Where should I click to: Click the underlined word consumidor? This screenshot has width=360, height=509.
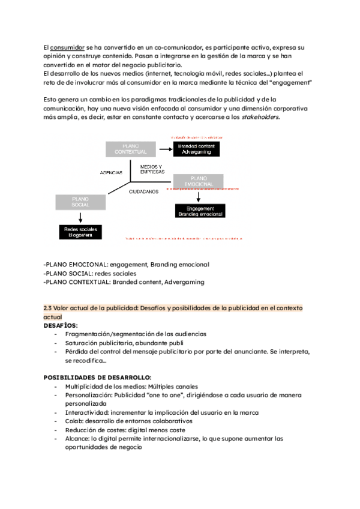[67, 47]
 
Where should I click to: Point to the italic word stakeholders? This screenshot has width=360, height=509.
[260, 117]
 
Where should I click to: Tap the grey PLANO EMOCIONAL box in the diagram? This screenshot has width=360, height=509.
[198, 181]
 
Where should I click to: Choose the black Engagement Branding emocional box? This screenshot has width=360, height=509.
[199, 211]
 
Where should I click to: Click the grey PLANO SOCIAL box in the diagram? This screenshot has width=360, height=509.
[80, 202]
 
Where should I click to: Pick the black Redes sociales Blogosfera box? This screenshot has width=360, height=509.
[80, 232]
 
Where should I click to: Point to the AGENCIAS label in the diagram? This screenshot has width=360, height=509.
[112, 172]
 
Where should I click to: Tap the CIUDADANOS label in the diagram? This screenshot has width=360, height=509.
[144, 192]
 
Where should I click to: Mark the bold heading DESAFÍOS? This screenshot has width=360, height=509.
[61, 325]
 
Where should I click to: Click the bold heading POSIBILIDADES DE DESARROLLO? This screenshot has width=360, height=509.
[98, 377]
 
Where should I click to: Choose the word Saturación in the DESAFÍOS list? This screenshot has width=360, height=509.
[83, 342]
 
